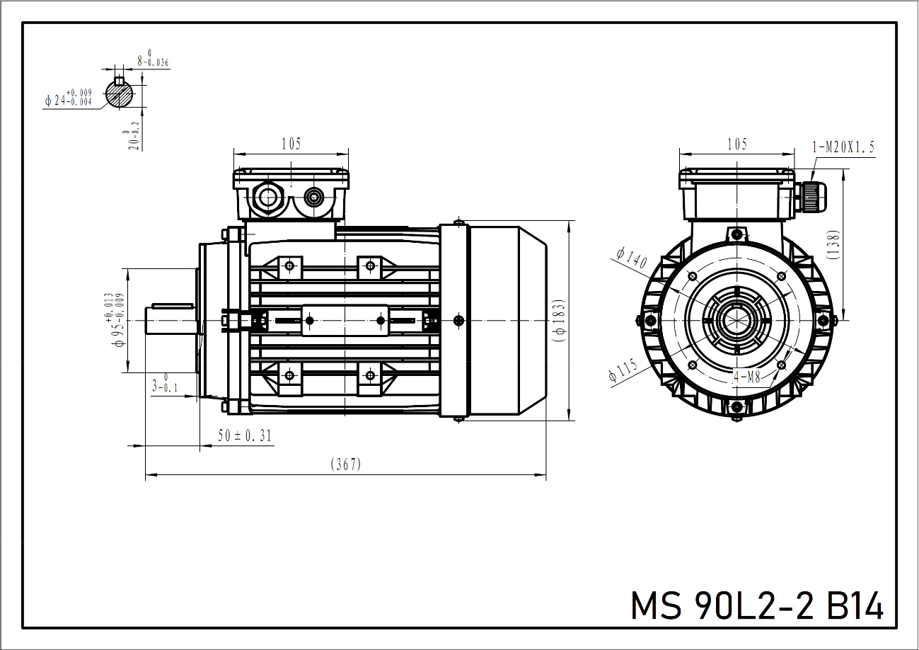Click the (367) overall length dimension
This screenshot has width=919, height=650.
pyautogui.click(x=346, y=464)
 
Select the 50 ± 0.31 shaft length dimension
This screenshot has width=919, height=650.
pyautogui.click(x=245, y=436)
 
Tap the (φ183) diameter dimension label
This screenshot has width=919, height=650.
pyautogui.click(x=559, y=321)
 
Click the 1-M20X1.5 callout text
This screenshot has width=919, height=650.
pyautogui.click(x=843, y=147)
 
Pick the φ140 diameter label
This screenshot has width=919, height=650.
pyautogui.click(x=631, y=258)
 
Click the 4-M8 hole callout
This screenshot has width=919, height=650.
pyautogui.click(x=747, y=377)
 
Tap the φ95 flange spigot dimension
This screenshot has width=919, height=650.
pyautogui.click(x=117, y=321)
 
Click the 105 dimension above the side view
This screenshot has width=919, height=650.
pyautogui.click(x=291, y=144)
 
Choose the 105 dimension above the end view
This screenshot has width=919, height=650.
pyautogui.click(x=736, y=144)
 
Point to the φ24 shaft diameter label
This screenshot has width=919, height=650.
pyautogui.click(x=69, y=98)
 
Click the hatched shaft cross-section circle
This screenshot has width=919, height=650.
pyautogui.click(x=119, y=95)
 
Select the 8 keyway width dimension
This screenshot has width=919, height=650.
pyautogui.click(x=153, y=59)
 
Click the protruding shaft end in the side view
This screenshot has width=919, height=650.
pyautogui.click(x=170, y=320)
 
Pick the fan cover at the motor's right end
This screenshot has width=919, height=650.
pyautogui.click(x=506, y=321)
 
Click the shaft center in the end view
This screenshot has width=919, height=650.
pyautogui.click(x=736, y=321)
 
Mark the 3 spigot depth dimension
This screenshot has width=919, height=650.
pyautogui.click(x=163, y=385)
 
